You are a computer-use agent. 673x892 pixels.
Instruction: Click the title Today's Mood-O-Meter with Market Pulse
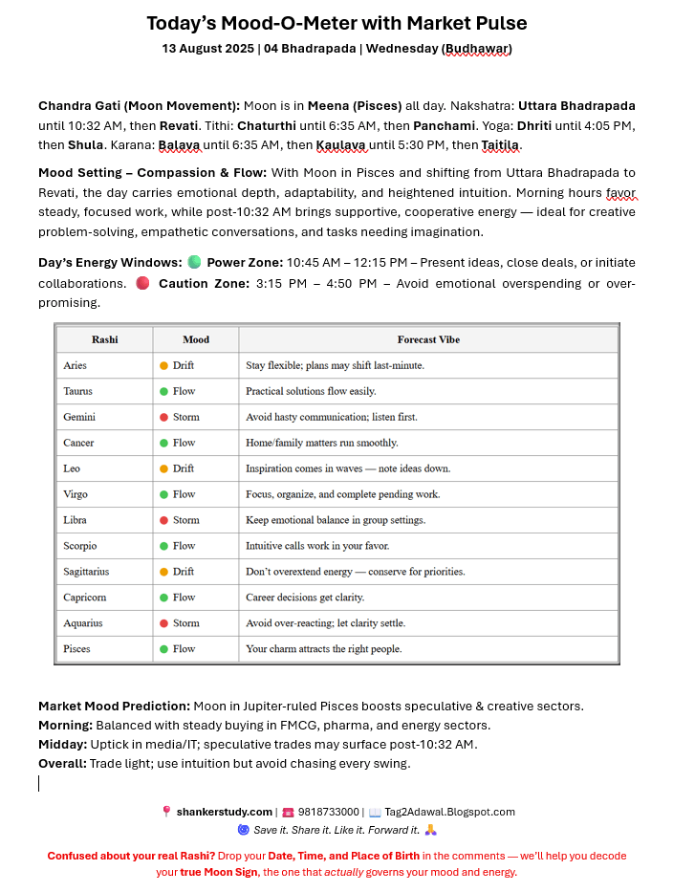(x=336, y=23)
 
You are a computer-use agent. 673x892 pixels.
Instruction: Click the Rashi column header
(x=105, y=339)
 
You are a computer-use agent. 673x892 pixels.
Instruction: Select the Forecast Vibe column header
(x=428, y=339)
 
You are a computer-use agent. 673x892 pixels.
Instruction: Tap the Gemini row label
(x=79, y=417)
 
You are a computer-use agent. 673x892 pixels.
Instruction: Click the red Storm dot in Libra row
(x=163, y=520)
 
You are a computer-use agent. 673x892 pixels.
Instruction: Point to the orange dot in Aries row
(x=163, y=365)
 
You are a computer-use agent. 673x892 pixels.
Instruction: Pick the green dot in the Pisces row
(x=163, y=649)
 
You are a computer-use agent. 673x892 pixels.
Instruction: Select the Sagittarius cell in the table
(x=86, y=572)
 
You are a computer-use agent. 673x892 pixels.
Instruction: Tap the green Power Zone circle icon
(x=194, y=262)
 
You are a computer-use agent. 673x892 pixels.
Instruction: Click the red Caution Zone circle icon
(x=142, y=283)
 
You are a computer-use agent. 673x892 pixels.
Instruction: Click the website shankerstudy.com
(x=224, y=812)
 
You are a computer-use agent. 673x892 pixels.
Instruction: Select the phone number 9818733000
(x=328, y=812)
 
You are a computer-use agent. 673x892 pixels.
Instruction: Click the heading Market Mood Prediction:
(x=114, y=707)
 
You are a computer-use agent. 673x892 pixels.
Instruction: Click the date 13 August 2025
(x=208, y=49)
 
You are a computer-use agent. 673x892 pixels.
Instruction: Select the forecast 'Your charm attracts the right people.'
(x=324, y=649)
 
